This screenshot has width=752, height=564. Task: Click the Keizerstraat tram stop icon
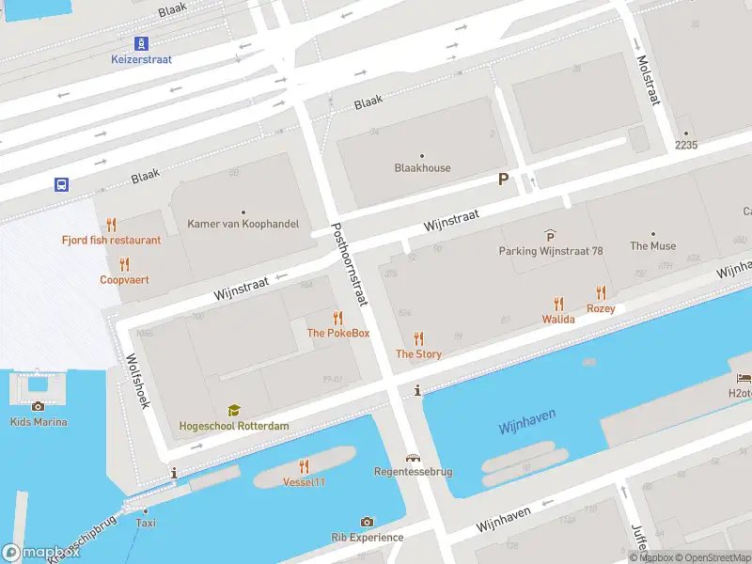(142, 42)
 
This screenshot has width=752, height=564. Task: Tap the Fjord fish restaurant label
(111, 240)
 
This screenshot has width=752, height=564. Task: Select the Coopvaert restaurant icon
(124, 264)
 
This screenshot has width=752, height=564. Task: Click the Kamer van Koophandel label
(243, 224)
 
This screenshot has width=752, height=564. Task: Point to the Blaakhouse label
(422, 168)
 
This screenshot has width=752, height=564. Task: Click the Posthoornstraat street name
(349, 264)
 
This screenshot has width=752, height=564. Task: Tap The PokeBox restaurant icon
(337, 318)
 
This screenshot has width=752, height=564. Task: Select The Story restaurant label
(418, 354)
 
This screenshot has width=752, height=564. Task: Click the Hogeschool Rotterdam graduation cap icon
(234, 410)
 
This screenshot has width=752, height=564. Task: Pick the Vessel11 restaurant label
(304, 482)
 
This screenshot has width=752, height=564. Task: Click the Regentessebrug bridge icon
(413, 457)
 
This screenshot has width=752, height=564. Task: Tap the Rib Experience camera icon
(367, 522)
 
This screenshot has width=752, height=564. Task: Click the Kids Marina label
(39, 422)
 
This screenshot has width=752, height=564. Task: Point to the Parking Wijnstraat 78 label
(550, 251)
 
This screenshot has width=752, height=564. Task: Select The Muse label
(652, 246)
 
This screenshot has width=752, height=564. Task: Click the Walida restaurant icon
(558, 304)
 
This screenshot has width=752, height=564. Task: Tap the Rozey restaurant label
(601, 308)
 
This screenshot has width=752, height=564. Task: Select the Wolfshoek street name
(137, 380)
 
